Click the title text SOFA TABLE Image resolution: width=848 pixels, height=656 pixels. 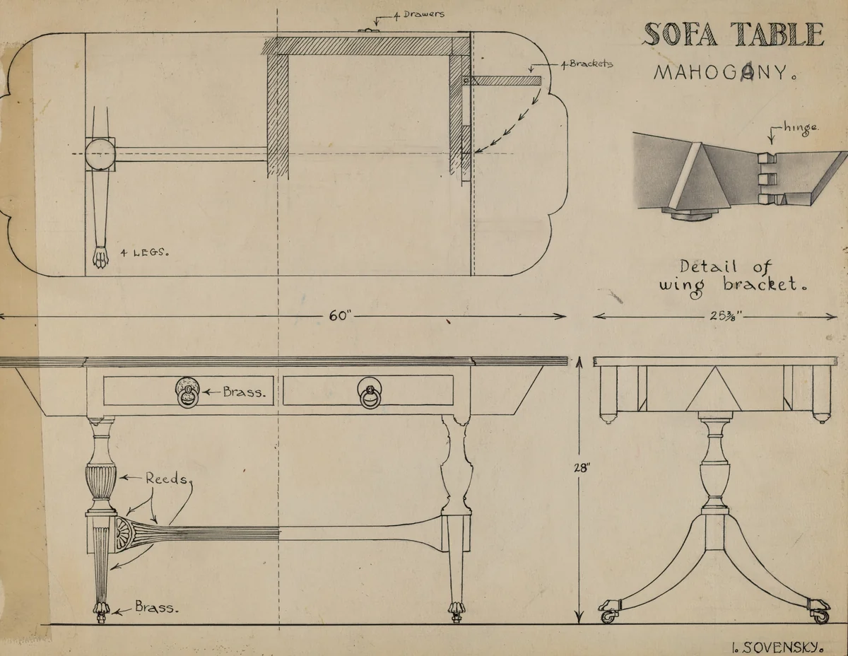click(734, 34)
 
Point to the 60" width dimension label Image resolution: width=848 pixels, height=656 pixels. click(340, 316)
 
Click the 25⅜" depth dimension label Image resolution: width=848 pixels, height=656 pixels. click(723, 316)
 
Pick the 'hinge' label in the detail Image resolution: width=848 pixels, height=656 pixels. click(801, 129)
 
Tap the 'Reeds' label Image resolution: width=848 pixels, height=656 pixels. click(167, 478)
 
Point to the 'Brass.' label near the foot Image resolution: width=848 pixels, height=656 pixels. click(156, 607)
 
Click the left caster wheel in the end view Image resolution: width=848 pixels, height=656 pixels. click(608, 616)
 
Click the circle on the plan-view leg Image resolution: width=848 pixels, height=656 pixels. click(100, 153)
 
